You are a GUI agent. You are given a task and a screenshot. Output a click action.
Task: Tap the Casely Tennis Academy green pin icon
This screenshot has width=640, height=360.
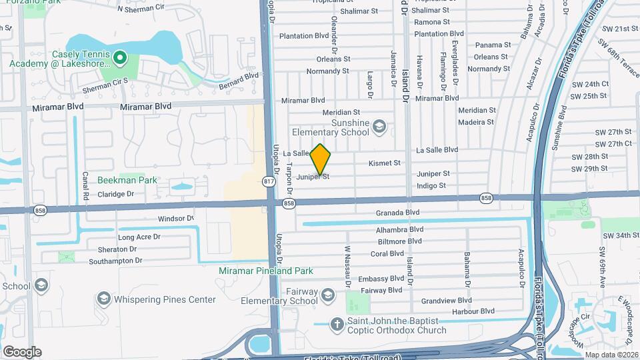tap(119, 58)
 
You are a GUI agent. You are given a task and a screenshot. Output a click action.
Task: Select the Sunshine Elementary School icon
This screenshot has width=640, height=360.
tap(379, 126)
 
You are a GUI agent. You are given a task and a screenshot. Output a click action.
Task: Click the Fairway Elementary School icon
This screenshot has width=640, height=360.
tap(328, 295)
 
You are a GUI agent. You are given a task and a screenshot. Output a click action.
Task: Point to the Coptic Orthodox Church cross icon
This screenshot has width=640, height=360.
tap(338, 325)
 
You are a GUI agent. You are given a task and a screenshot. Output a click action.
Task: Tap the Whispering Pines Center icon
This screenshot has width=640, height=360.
tap(103, 298)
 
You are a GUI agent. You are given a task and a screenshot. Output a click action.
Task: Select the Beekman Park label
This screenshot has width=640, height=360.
tap(127, 180)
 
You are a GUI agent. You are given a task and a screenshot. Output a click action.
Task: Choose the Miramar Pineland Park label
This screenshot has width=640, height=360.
tap(266, 271)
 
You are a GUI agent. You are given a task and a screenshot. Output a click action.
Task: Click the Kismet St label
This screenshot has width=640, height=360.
tap(385, 163)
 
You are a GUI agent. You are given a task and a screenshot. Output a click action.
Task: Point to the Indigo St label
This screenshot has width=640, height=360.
tap(431, 186)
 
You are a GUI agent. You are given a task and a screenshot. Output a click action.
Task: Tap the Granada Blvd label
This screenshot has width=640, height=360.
tap(397, 213)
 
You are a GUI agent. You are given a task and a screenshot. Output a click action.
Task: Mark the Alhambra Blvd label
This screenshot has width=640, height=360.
tap(400, 229)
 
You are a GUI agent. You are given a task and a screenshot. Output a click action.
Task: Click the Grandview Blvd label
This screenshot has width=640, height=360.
tap(446, 301)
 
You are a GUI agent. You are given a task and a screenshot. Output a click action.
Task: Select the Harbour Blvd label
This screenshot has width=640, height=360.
tap(471, 311)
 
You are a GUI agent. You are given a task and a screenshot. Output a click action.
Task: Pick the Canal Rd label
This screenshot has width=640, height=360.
tap(86, 187)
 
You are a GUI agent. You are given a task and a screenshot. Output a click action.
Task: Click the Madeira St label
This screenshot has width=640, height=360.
tap(476, 122)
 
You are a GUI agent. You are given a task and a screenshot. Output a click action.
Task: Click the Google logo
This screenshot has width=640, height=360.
tap(22, 352)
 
